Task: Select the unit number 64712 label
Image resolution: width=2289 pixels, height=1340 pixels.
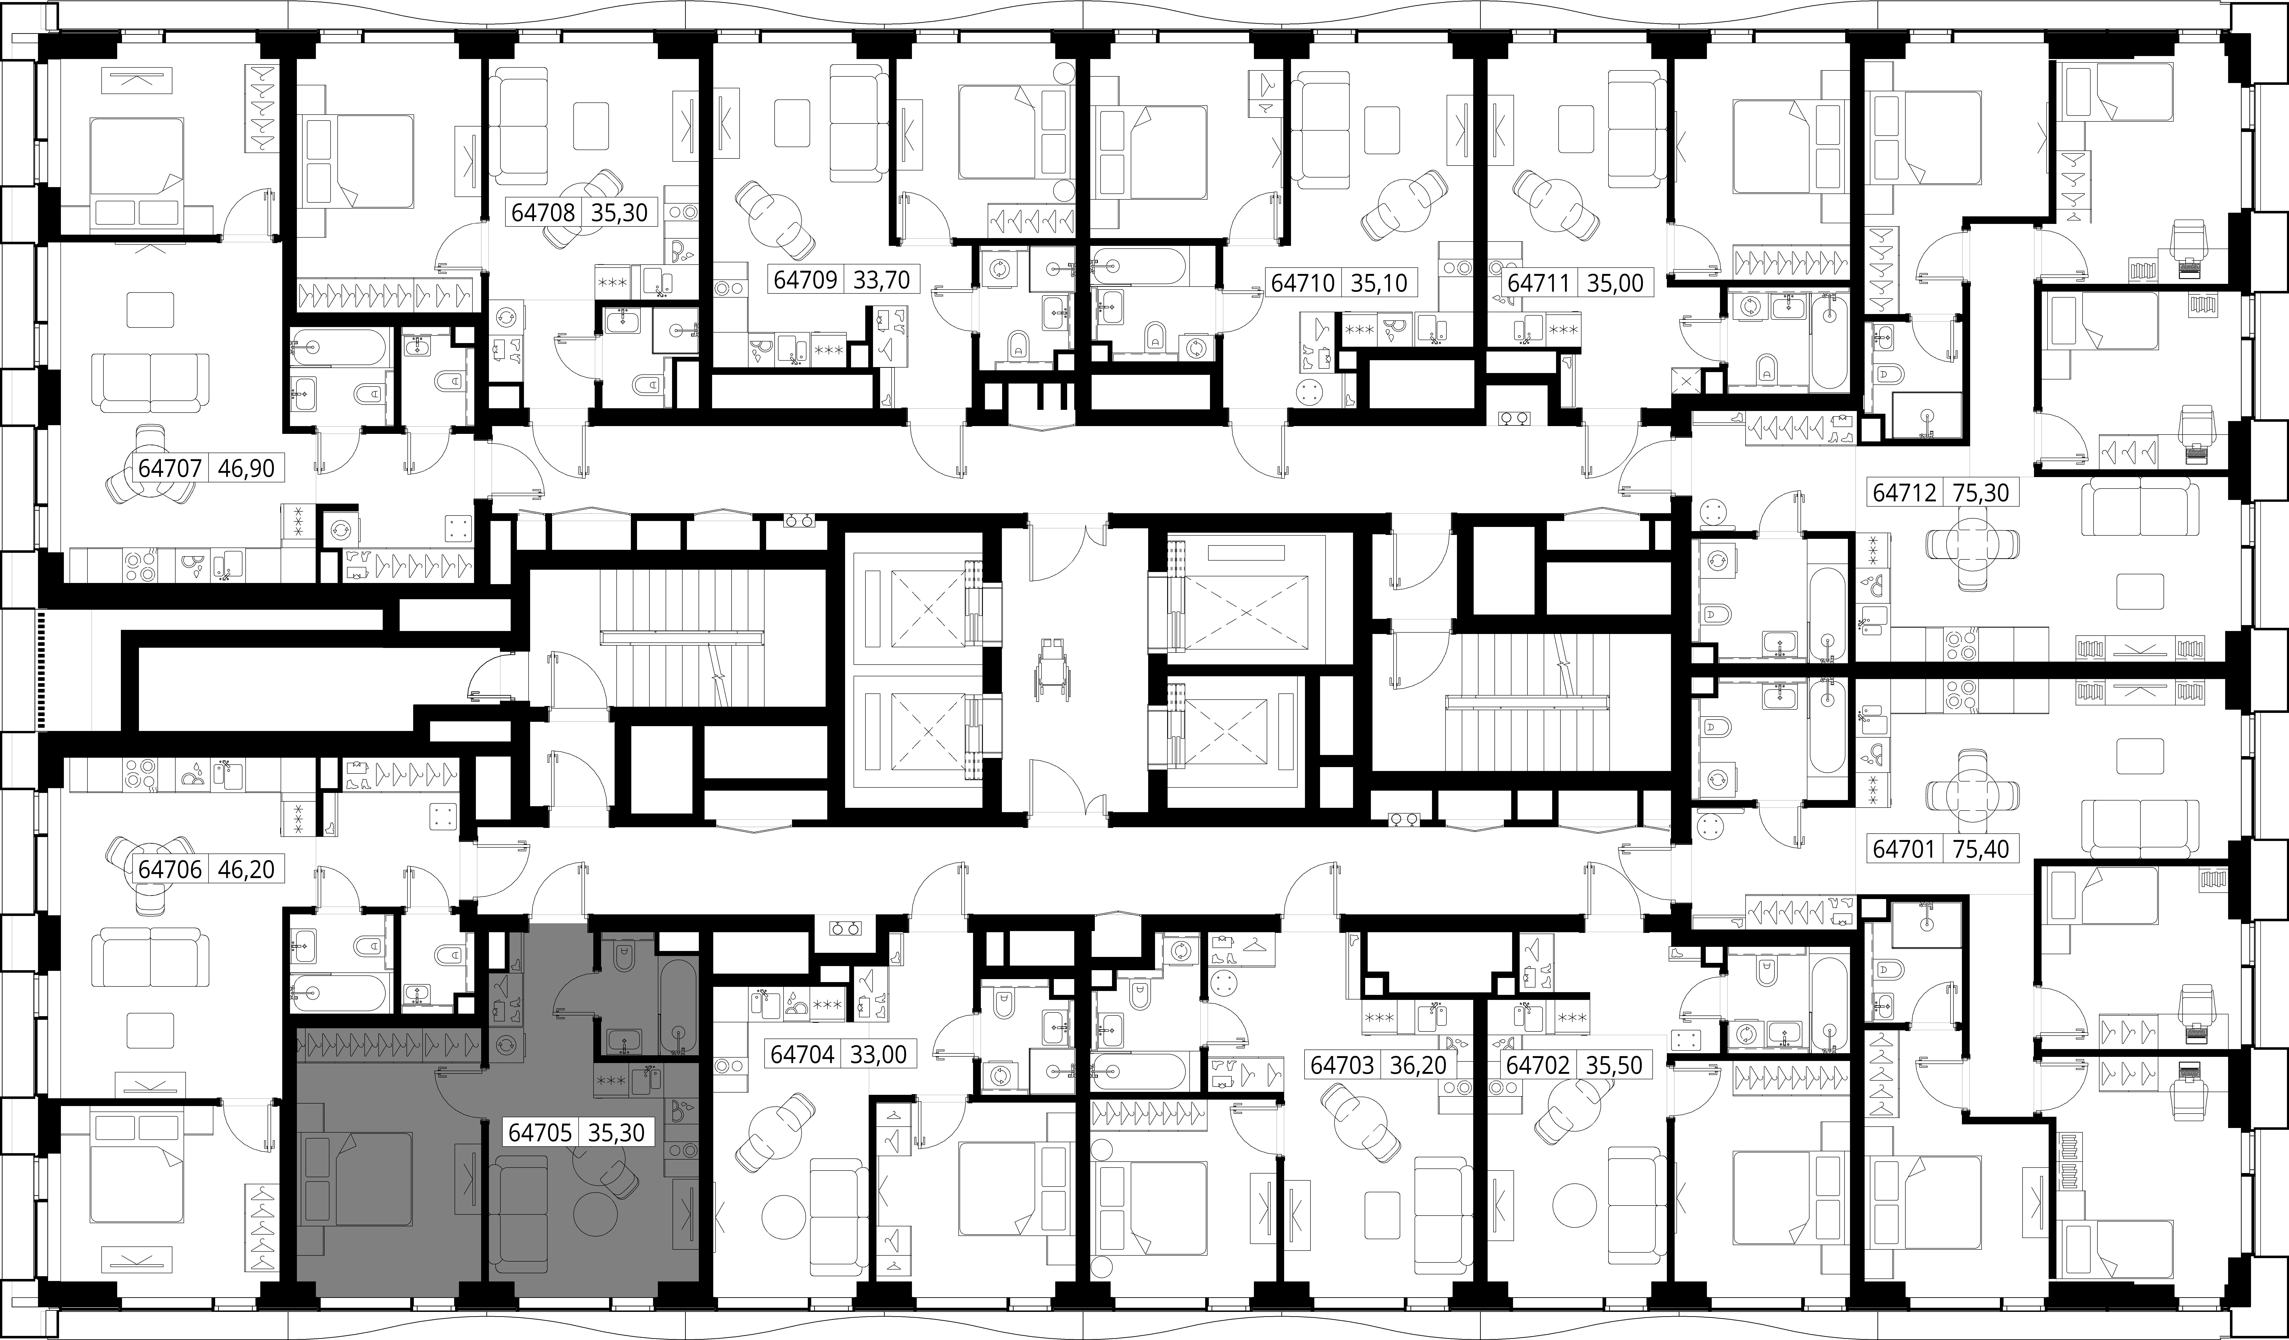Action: pyautogui.click(x=1904, y=493)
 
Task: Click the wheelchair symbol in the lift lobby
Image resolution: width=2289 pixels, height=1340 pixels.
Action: pyautogui.click(x=1054, y=668)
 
